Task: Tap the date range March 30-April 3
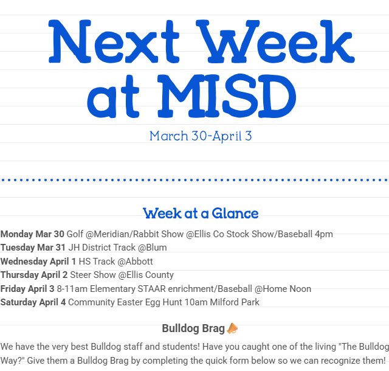point(201,136)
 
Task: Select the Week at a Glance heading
point(201,213)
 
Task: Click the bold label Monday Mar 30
point(32,234)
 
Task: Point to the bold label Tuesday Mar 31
point(33,248)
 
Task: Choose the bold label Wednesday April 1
point(38,262)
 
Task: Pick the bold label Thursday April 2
point(34,275)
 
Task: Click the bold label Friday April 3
point(27,289)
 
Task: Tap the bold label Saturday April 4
point(33,302)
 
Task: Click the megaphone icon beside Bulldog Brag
point(232,328)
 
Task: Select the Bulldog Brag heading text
point(193,328)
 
